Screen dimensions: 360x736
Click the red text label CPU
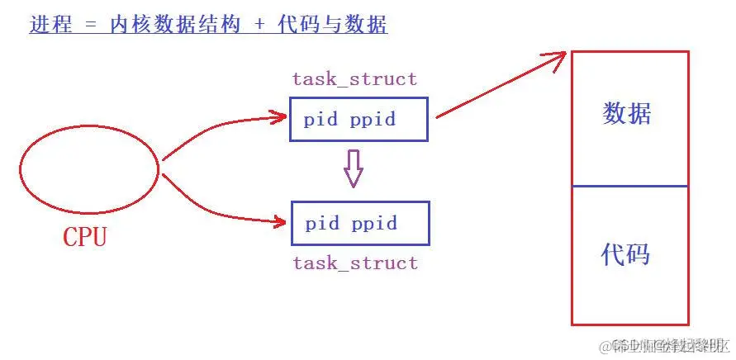coord(85,238)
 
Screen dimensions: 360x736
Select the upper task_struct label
coord(354,80)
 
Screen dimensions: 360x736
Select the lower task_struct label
coord(355,263)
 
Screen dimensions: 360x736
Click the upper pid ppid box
coord(359,120)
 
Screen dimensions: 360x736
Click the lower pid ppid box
coord(360,224)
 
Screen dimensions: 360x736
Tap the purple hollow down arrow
coord(354,169)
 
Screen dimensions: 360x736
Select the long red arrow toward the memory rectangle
coord(500,86)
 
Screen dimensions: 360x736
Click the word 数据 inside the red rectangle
coord(627,114)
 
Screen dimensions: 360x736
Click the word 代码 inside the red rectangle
coord(625,254)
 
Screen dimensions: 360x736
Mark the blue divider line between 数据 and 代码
coord(629,186)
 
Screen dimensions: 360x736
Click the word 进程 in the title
coord(50,25)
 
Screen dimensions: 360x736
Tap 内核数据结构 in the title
coord(175,25)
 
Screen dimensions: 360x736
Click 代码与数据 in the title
coord(335,25)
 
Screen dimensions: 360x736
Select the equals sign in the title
coord(92,26)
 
